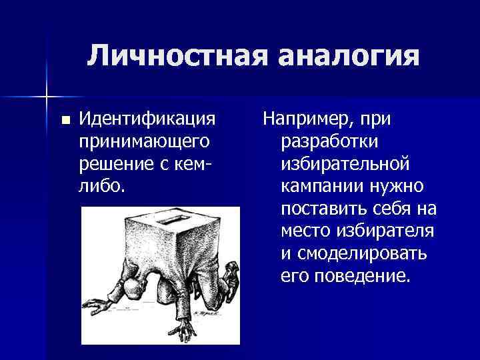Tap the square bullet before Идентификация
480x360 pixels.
tap(65, 121)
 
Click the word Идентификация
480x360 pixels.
tap(147, 119)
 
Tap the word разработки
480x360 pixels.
tap(331, 141)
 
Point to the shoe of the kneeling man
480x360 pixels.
tap(229, 271)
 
